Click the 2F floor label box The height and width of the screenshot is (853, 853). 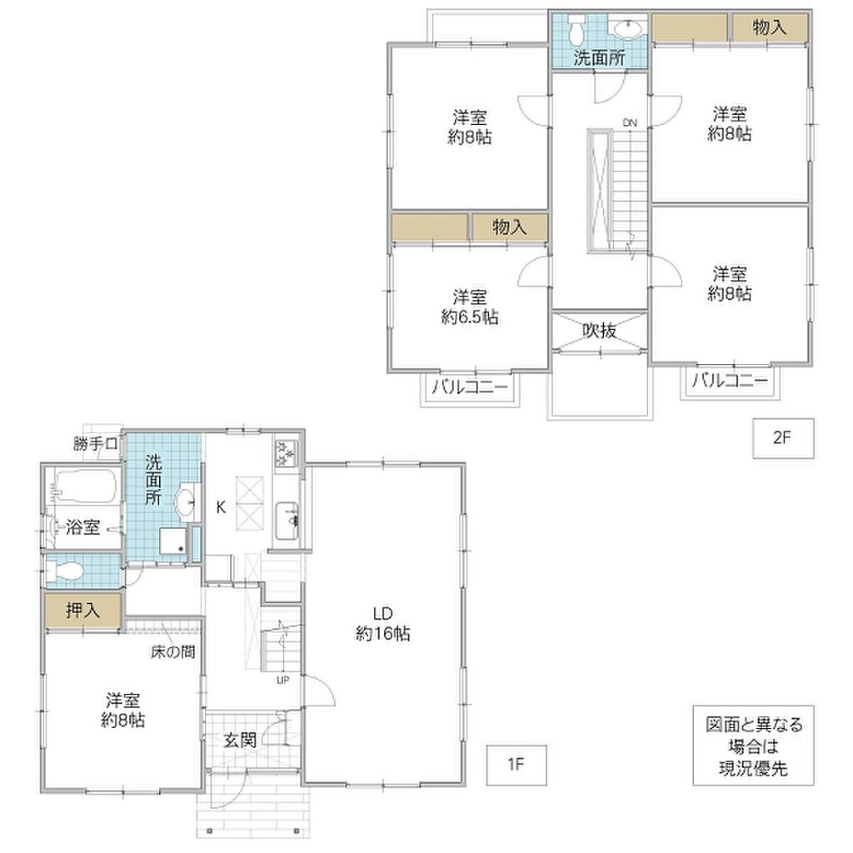pos(783,438)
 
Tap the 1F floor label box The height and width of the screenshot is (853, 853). pos(516,765)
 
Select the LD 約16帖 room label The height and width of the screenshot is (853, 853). pos(383,623)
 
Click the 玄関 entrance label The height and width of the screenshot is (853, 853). pos(240,740)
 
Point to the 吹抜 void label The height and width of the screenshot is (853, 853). pos(600,330)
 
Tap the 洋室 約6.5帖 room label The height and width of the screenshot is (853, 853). pos(470,307)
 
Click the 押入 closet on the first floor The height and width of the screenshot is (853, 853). pos(82,611)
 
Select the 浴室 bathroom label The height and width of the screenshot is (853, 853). pos(82,526)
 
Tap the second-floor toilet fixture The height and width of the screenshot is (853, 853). pos(575,31)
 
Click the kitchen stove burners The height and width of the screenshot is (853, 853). pos(286,453)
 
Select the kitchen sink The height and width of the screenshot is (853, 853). pos(287,521)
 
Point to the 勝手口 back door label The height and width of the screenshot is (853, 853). pos(96,444)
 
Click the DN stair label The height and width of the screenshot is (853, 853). pos(630,122)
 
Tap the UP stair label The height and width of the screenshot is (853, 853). pos(283,680)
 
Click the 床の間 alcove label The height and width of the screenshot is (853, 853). pos(173,651)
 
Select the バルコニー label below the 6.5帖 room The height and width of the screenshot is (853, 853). pos(470,387)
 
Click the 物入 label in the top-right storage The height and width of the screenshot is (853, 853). pos(769,27)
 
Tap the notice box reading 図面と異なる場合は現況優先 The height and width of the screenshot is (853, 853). pos(753,746)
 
